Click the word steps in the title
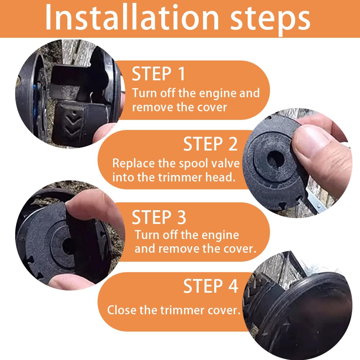click(270, 19)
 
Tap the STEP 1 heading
click(158, 74)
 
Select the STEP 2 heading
click(210, 144)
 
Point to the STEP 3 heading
click(159, 217)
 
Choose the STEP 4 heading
click(211, 286)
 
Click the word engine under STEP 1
click(218, 94)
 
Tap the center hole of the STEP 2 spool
click(276, 159)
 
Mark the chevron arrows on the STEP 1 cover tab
click(73, 125)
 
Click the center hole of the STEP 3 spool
click(68, 246)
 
